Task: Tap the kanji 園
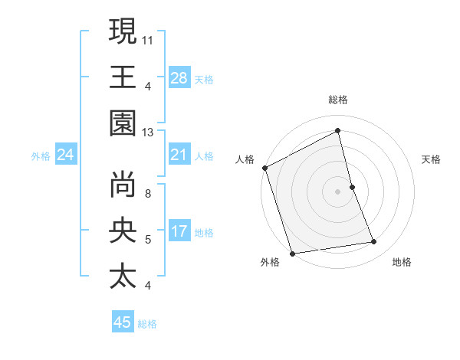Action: pos(123,123)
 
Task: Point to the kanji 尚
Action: pos(123,184)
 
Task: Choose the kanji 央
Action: pos(123,230)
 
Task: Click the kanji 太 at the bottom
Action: pos(123,276)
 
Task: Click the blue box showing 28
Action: pos(179,78)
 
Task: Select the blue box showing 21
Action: pos(179,155)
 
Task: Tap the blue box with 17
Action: pos(179,232)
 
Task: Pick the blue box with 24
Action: pos(66,155)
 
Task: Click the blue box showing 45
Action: pos(123,322)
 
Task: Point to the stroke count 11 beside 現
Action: pos(148,39)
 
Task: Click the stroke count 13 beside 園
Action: pos(148,132)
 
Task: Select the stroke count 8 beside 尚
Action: pos(148,193)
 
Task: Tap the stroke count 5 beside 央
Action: pos(148,240)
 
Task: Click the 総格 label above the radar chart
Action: pos(337,100)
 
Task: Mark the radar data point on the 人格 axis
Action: pos(264,168)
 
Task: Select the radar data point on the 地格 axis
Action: pos(374,242)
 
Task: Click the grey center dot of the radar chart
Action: pos(337,191)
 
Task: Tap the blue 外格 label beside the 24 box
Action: pos(41,156)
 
